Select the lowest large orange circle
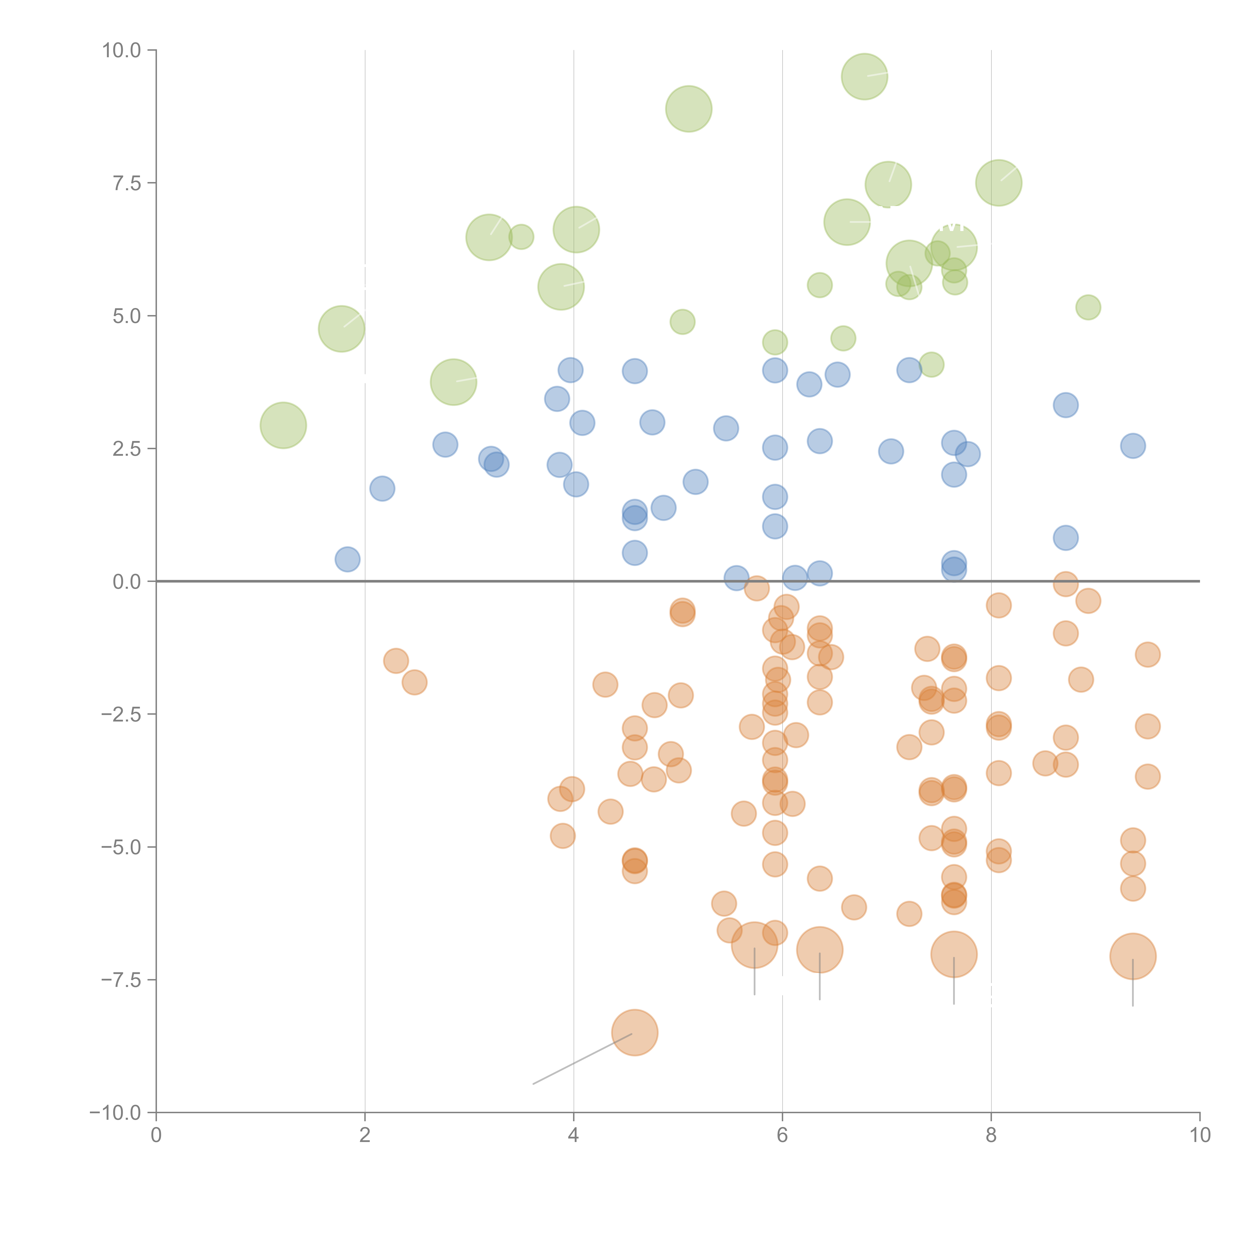point(635,1032)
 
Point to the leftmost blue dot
point(347,559)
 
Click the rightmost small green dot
point(1088,307)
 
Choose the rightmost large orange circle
point(1132,956)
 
